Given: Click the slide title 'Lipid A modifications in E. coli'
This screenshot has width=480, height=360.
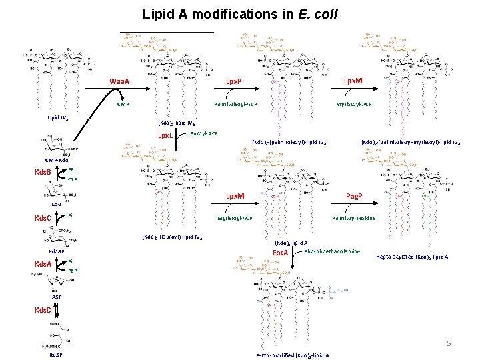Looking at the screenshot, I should pos(239,13).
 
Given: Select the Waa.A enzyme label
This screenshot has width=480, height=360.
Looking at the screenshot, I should pos(120,82).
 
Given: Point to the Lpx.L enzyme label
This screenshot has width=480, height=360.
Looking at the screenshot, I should pos(165,136).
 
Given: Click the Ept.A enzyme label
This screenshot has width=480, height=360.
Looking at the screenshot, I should pos(279,253).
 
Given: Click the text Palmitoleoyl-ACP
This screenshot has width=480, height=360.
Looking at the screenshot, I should pos(235,105).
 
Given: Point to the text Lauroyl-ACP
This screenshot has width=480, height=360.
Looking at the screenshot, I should pos(203,134).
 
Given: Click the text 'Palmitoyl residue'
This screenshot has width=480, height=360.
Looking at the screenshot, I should pos(354,218).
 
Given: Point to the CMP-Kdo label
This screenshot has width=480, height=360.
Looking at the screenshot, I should pos(57,161).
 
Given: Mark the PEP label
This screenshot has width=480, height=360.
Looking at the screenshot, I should pos(73,271).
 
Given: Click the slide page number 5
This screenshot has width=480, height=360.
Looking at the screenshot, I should pos(449,343).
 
